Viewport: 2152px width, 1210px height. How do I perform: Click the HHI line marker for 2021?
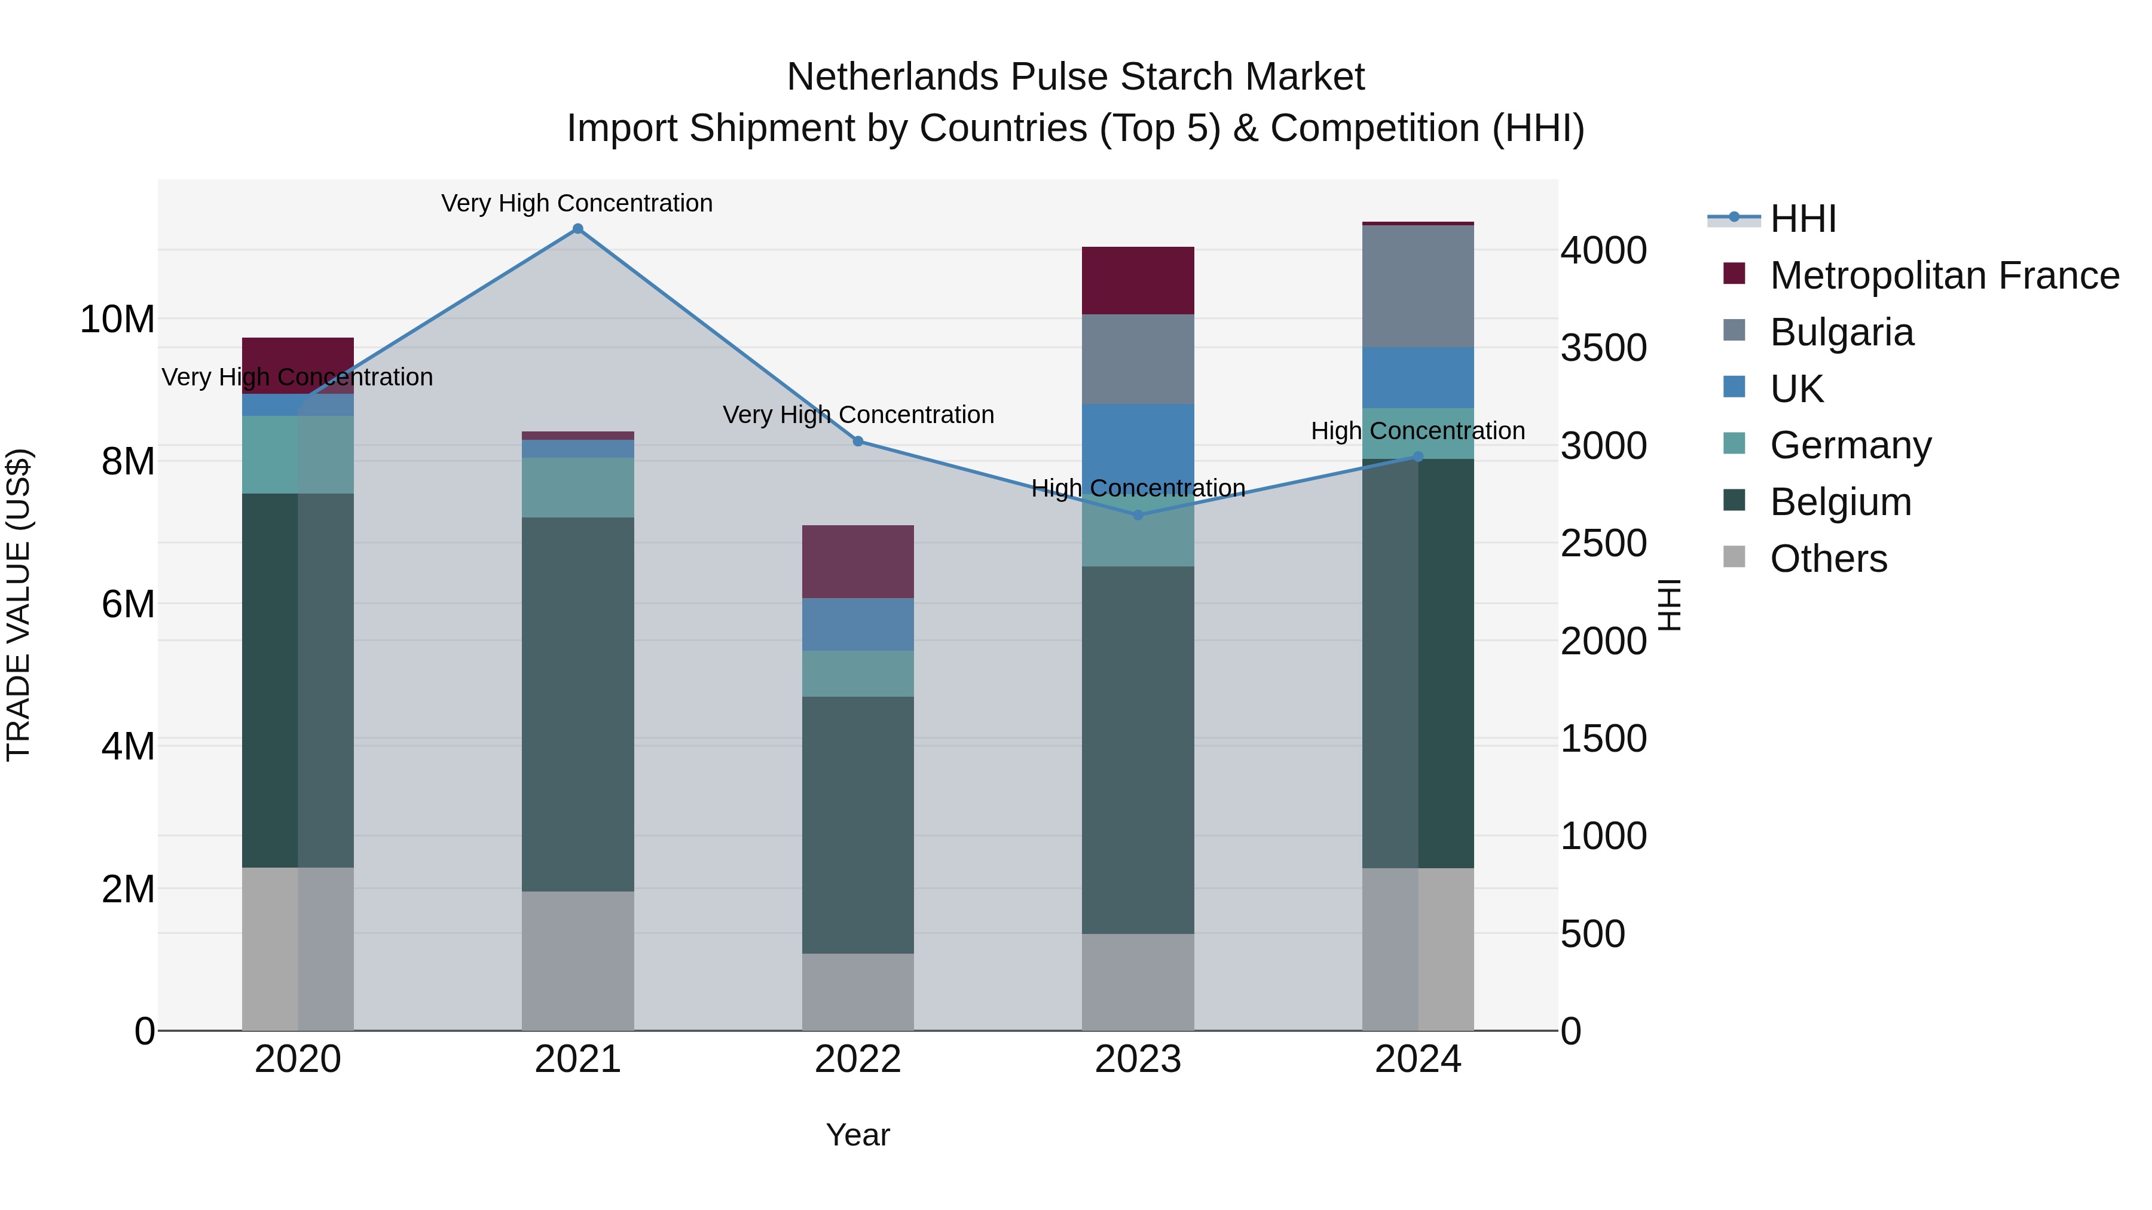point(577,229)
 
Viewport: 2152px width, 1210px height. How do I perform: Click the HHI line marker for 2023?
point(1138,514)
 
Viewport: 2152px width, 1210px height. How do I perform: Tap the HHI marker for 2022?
point(858,441)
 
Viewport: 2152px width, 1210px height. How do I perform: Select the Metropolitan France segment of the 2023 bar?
point(1138,281)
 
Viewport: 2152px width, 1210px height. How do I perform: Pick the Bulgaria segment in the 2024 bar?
point(1418,286)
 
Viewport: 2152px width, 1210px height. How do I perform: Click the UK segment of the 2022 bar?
point(858,624)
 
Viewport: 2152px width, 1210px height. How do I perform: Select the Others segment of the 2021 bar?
point(577,960)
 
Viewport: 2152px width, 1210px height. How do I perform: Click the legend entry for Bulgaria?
point(1841,332)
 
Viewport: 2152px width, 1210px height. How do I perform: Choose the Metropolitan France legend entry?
point(1944,275)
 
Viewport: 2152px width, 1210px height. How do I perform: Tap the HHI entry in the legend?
point(1803,219)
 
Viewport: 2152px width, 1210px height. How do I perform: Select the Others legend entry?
point(1828,559)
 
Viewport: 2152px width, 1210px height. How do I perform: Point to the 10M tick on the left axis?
point(117,319)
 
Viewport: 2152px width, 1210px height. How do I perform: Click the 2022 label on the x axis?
point(858,1059)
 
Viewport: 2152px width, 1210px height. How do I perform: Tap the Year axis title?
point(858,1135)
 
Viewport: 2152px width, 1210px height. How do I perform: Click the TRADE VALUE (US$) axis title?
point(19,605)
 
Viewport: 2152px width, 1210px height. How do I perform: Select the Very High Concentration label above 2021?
point(577,203)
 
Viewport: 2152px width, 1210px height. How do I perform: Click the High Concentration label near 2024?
point(1418,431)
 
